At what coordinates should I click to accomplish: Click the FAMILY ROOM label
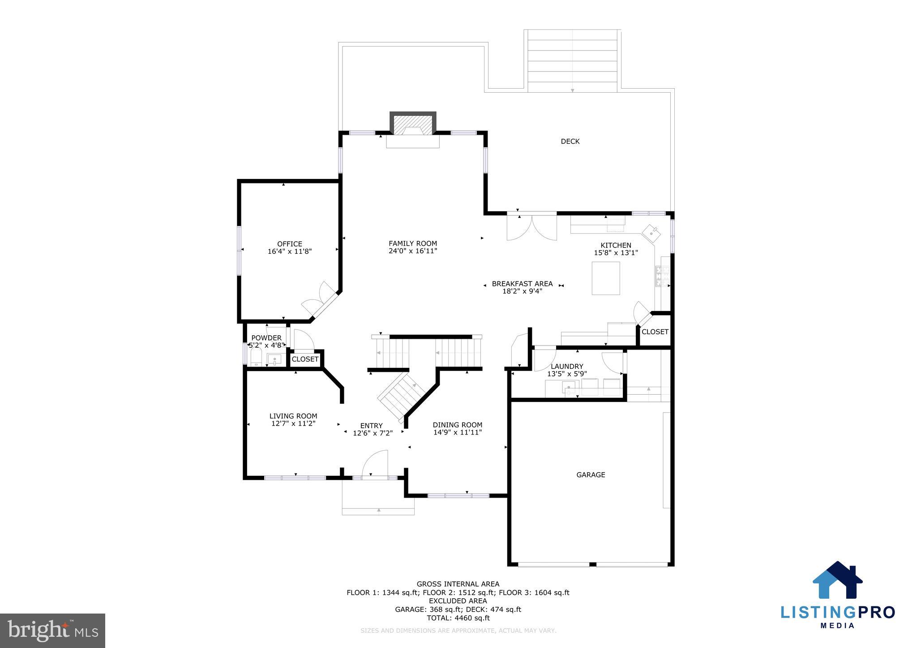[x=412, y=243]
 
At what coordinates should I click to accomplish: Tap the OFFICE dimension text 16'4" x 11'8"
[x=289, y=252]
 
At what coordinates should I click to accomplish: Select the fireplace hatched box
[x=413, y=123]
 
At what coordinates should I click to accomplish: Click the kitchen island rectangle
[x=605, y=278]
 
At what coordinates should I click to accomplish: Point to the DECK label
[x=570, y=141]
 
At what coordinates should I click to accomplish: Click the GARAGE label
[x=591, y=475]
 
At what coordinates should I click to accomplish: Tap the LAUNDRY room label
[x=567, y=366]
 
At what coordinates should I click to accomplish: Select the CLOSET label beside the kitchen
[x=655, y=332]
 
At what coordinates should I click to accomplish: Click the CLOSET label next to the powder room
[x=305, y=359]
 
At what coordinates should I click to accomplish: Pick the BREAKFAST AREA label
[x=522, y=284]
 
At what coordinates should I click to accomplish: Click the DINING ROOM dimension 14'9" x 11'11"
[x=457, y=432]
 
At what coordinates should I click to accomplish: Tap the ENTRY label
[x=371, y=426]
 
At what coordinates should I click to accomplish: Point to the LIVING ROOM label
[x=293, y=416]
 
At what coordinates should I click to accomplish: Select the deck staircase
[x=572, y=60]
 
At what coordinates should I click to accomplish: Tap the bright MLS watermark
[x=53, y=631]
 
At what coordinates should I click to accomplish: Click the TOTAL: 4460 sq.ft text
[x=458, y=618]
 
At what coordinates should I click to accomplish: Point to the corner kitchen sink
[x=651, y=233]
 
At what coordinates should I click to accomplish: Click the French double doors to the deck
[x=531, y=227]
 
